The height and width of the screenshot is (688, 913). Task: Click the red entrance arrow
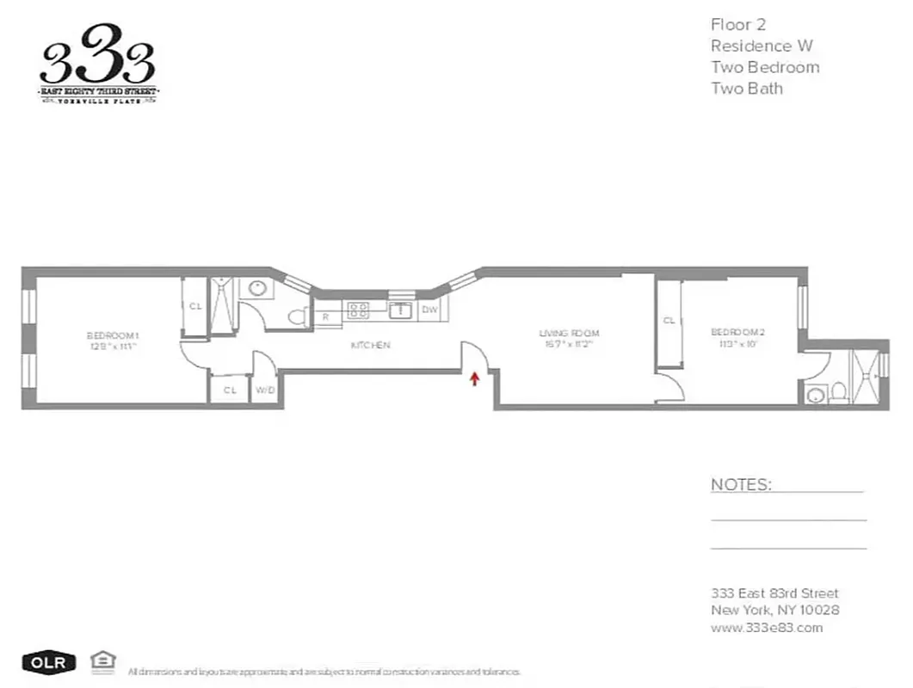[x=473, y=378]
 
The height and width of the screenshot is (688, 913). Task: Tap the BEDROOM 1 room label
[x=112, y=335]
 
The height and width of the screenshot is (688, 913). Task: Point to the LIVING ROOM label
[x=569, y=333]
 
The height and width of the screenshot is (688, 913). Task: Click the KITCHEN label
[x=370, y=345]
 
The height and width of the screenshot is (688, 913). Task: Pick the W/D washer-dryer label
[x=264, y=390]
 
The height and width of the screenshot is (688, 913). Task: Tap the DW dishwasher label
[x=430, y=310]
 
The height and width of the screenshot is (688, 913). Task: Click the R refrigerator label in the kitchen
[x=325, y=316]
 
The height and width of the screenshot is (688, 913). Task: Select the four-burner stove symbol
[x=359, y=310]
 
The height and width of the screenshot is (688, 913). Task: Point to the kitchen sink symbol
[x=399, y=310]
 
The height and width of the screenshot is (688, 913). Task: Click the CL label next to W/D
[x=230, y=390]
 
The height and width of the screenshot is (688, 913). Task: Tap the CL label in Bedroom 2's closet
[x=669, y=321]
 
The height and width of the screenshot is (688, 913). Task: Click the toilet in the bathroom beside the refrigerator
[x=298, y=316]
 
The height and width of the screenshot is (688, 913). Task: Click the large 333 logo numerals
[x=97, y=60]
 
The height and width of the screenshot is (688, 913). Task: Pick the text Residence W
[x=761, y=46]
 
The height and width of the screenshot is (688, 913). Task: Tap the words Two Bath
[x=746, y=88]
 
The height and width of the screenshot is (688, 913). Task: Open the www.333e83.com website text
[x=766, y=627]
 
